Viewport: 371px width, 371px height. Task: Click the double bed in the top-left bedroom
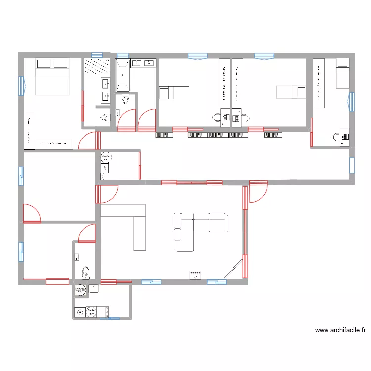52,77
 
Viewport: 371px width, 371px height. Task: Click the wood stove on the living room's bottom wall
196,275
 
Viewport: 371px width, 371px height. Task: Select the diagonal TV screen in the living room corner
233,270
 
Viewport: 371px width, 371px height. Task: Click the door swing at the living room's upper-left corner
108,194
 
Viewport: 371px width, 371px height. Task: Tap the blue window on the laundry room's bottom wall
107,318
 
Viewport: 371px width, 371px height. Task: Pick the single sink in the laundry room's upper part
93,288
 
